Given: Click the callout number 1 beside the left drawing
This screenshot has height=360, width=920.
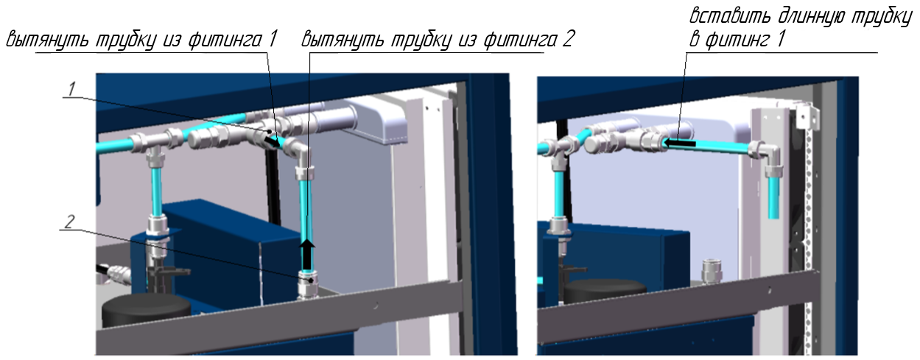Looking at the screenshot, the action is (72, 89).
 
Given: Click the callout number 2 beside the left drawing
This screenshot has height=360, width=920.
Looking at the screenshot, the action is (70, 222).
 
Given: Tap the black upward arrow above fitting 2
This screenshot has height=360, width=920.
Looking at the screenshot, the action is (306, 255).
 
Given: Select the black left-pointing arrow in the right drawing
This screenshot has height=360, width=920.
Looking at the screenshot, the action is (679, 143).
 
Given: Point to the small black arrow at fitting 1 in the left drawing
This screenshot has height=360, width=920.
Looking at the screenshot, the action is (272, 141).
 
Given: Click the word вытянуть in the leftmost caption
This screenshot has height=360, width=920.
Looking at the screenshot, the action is (48, 40).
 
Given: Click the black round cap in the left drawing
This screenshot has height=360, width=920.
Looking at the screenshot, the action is (146, 309).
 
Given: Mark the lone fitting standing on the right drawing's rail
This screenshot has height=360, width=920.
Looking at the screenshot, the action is (711, 271).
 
